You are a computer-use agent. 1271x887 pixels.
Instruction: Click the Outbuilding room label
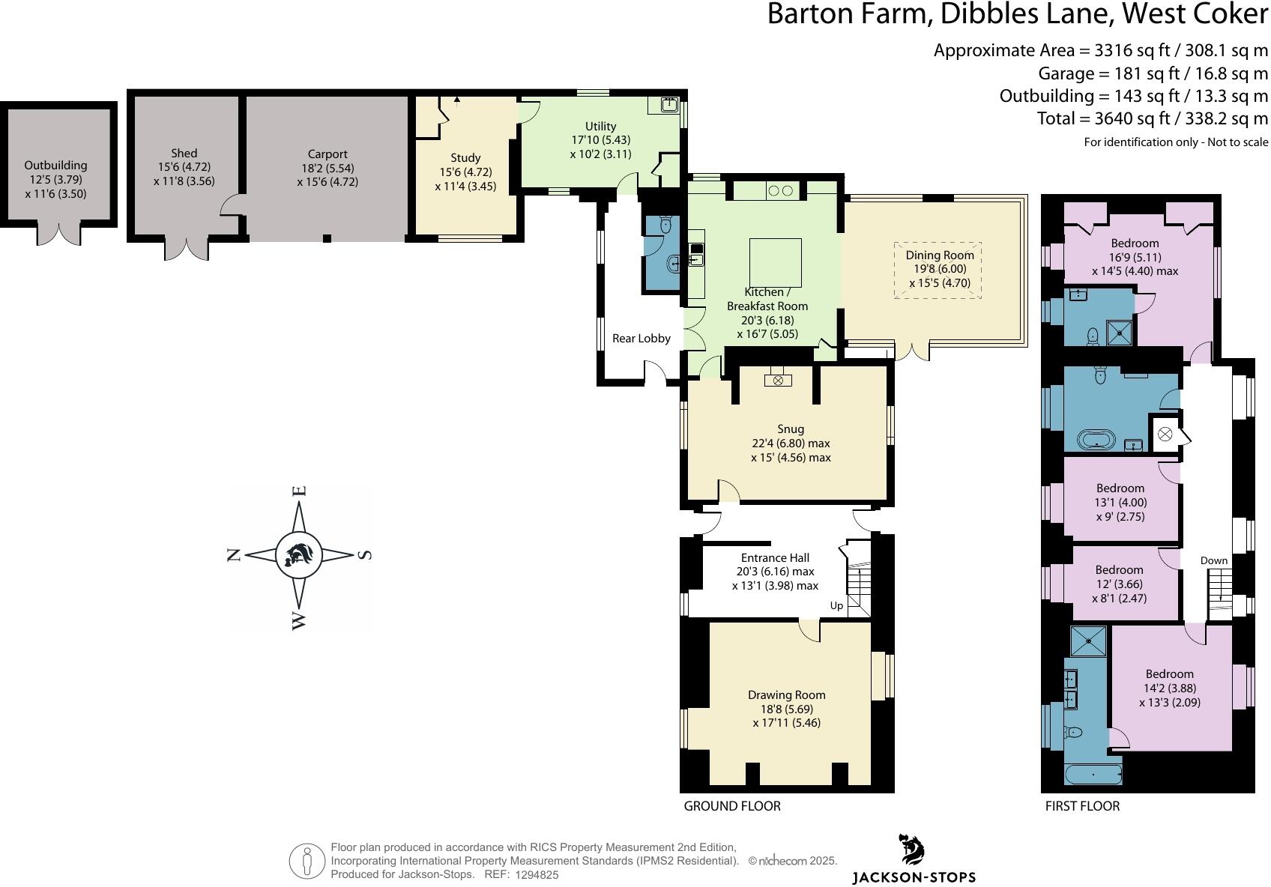(55, 166)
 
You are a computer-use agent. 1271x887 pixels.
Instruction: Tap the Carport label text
(327, 154)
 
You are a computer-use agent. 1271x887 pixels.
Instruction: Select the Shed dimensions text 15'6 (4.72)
(184, 167)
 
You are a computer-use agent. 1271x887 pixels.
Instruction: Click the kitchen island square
(776, 262)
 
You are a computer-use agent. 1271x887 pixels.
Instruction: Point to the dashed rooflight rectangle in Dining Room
(938, 270)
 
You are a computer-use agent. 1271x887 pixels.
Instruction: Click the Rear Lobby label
(641, 339)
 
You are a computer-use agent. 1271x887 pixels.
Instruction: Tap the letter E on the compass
(299, 491)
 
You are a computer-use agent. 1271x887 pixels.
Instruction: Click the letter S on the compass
(365, 555)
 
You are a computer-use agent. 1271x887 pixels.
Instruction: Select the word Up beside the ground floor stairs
(836, 605)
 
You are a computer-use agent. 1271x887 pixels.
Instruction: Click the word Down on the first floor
(1213, 560)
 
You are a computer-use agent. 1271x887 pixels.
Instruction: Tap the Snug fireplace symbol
(778, 381)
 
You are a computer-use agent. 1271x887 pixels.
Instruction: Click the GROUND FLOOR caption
(731, 806)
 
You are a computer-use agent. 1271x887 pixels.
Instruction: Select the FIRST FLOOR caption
(1082, 806)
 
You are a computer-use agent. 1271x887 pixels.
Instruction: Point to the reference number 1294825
(537, 874)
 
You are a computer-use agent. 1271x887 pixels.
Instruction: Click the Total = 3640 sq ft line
(1152, 118)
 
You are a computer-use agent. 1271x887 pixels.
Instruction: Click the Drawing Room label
(786, 695)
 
